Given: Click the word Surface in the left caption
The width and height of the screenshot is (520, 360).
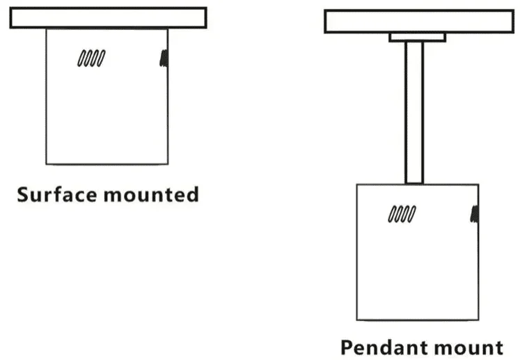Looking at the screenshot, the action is (57, 194).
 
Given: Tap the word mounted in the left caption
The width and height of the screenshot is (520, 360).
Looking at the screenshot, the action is (151, 194).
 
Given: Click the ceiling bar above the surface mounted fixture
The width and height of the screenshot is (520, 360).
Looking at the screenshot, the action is (109, 18).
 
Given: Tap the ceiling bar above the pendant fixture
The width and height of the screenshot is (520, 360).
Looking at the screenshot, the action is (419, 22).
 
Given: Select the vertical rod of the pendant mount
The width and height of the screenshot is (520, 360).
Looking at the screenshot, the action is (414, 113).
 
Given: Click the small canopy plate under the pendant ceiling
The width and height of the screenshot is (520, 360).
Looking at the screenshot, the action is (417, 37).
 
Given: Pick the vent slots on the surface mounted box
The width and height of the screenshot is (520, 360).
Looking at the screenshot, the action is (91, 58).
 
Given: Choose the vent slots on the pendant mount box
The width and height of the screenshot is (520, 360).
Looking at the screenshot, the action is (402, 214).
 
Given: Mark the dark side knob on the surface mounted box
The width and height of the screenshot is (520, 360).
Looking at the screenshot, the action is (164, 58).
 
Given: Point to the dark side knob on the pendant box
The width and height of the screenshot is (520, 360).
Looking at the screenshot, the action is (475, 214).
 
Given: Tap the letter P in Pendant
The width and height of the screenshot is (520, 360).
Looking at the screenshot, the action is (347, 347).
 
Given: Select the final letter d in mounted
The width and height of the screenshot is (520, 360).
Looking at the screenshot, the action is (193, 194).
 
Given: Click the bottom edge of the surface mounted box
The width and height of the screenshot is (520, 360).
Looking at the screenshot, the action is (107, 164).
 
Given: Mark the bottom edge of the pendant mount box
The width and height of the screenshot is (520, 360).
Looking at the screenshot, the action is (418, 320).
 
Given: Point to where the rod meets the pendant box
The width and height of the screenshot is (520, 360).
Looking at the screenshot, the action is (414, 184).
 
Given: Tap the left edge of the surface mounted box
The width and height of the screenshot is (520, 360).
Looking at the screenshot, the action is (47, 96).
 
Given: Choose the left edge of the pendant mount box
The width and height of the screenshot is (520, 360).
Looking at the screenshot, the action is (357, 252).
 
